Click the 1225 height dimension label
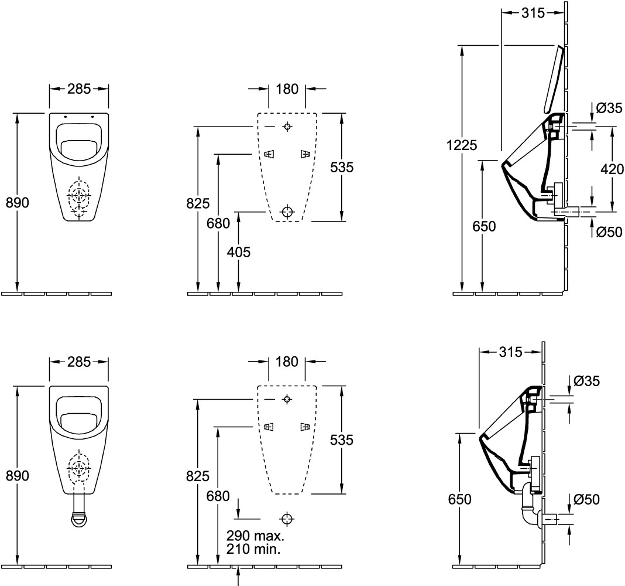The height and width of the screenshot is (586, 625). (462, 145)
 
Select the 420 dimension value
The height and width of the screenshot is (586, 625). (612, 169)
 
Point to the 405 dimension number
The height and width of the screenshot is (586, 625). (239, 253)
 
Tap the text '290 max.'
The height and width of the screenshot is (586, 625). (255, 536)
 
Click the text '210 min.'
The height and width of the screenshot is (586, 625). (253, 549)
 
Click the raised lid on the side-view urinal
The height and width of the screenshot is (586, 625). (554, 80)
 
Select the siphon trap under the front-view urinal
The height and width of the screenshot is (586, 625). (78, 518)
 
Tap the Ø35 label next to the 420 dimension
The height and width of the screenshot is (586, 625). (609, 108)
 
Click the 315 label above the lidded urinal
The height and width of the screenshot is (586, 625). (533, 13)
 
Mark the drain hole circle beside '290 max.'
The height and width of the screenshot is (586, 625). (287, 519)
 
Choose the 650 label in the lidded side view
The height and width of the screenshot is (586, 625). (484, 226)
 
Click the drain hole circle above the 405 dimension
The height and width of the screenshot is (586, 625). (287, 212)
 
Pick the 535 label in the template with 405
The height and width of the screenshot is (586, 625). (342, 167)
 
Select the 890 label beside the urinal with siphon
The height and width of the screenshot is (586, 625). (17, 476)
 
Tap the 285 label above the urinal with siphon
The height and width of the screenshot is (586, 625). (79, 362)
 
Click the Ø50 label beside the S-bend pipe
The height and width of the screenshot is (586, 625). (586, 499)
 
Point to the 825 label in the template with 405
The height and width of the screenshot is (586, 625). (198, 204)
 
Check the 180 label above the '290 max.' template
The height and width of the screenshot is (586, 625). (287, 362)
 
